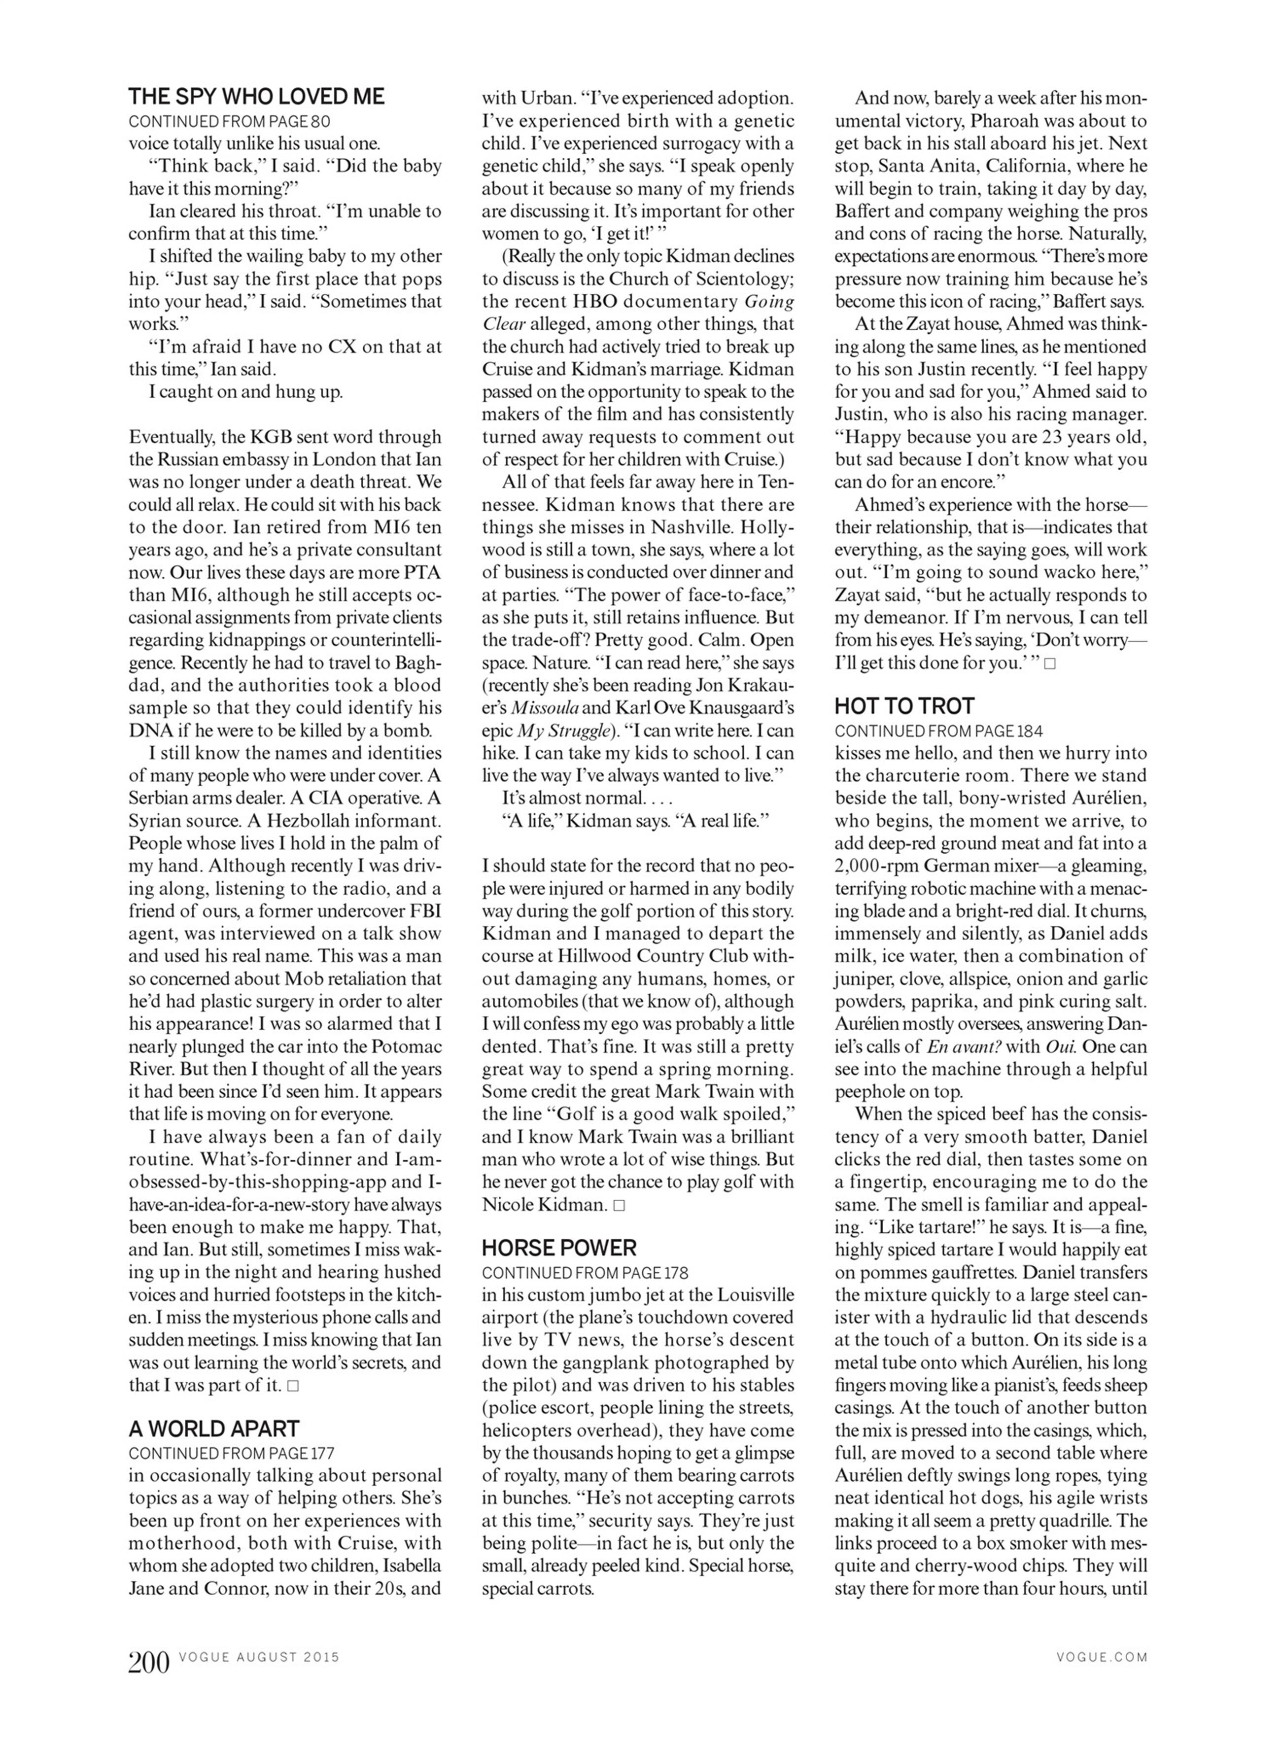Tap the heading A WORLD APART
pos(214,1428)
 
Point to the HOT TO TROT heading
pos(904,706)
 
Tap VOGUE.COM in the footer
pos(1102,1657)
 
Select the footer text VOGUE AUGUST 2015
pos(259,1657)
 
